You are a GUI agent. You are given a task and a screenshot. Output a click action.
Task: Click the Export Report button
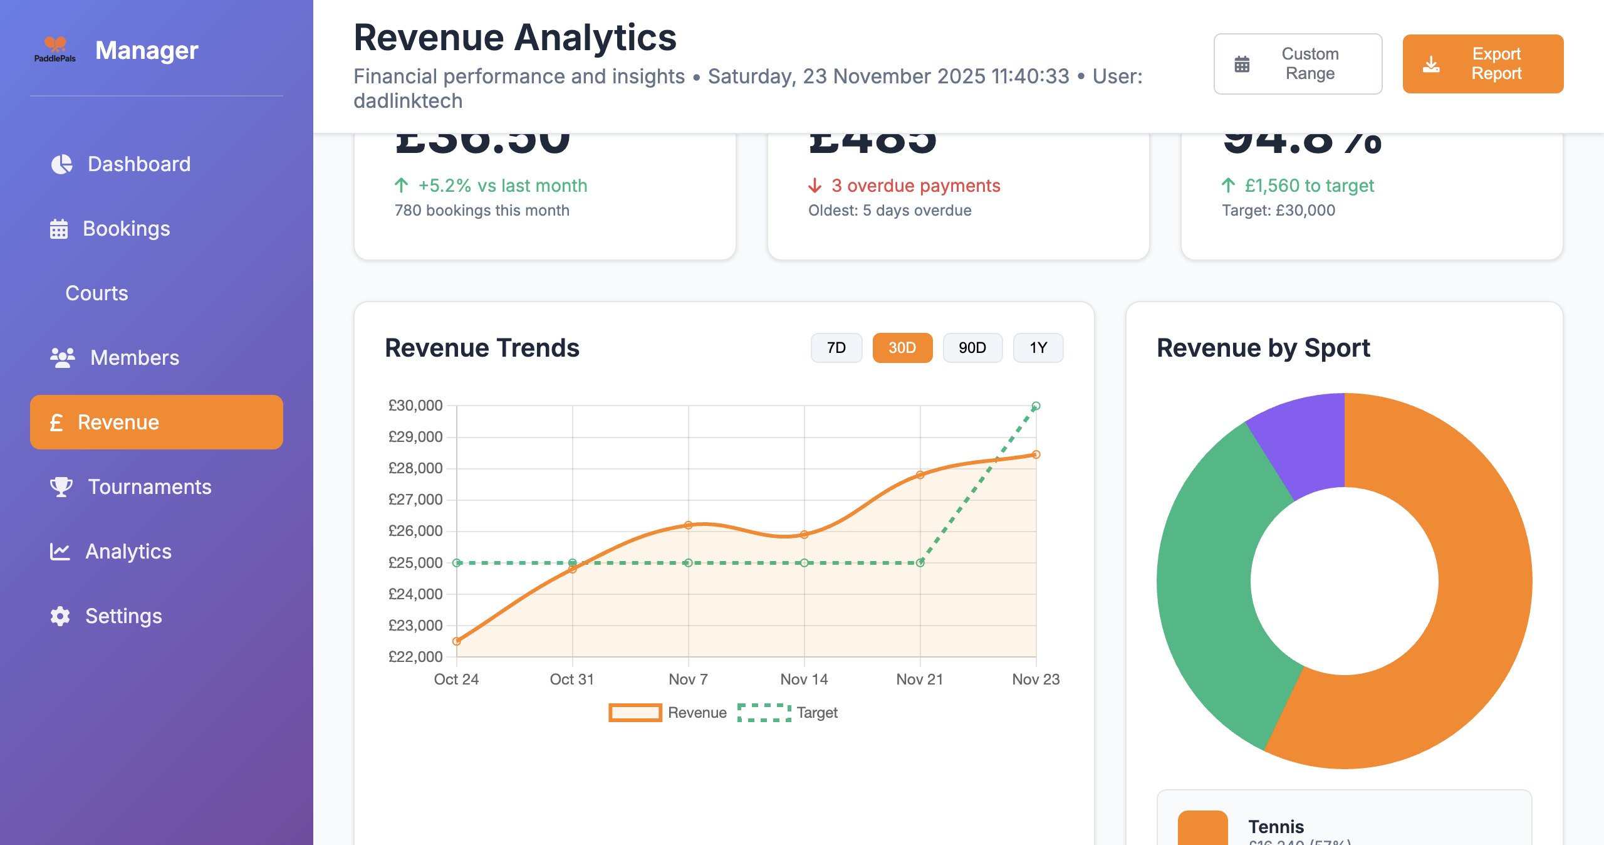click(x=1482, y=64)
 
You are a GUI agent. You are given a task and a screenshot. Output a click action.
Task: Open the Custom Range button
click(x=1298, y=64)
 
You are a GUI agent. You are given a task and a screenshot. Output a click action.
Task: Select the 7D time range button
click(x=836, y=348)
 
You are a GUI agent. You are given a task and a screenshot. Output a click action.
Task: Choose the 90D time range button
click(x=972, y=348)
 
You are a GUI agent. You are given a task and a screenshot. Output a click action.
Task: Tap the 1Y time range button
click(x=1038, y=348)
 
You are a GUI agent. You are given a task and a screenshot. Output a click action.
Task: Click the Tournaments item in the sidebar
click(x=149, y=487)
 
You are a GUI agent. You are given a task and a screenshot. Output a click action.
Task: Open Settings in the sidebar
click(x=123, y=616)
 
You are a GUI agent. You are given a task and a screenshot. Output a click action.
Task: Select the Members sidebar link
click(x=134, y=358)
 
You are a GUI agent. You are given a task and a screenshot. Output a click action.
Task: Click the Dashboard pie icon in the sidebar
click(x=61, y=164)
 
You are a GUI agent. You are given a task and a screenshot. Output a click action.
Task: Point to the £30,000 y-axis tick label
click(x=415, y=406)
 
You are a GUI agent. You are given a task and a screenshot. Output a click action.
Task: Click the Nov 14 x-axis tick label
click(x=804, y=680)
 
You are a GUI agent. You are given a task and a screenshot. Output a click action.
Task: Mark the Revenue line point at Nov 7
click(x=688, y=525)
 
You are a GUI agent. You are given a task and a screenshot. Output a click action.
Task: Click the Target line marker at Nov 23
click(x=1036, y=406)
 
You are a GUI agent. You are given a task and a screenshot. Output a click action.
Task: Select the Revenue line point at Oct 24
click(x=457, y=641)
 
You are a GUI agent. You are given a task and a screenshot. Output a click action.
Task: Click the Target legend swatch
click(x=764, y=713)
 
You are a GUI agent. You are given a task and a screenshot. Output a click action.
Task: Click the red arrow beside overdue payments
click(x=815, y=186)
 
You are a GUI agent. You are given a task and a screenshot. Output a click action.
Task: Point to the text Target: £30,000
click(x=1278, y=211)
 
